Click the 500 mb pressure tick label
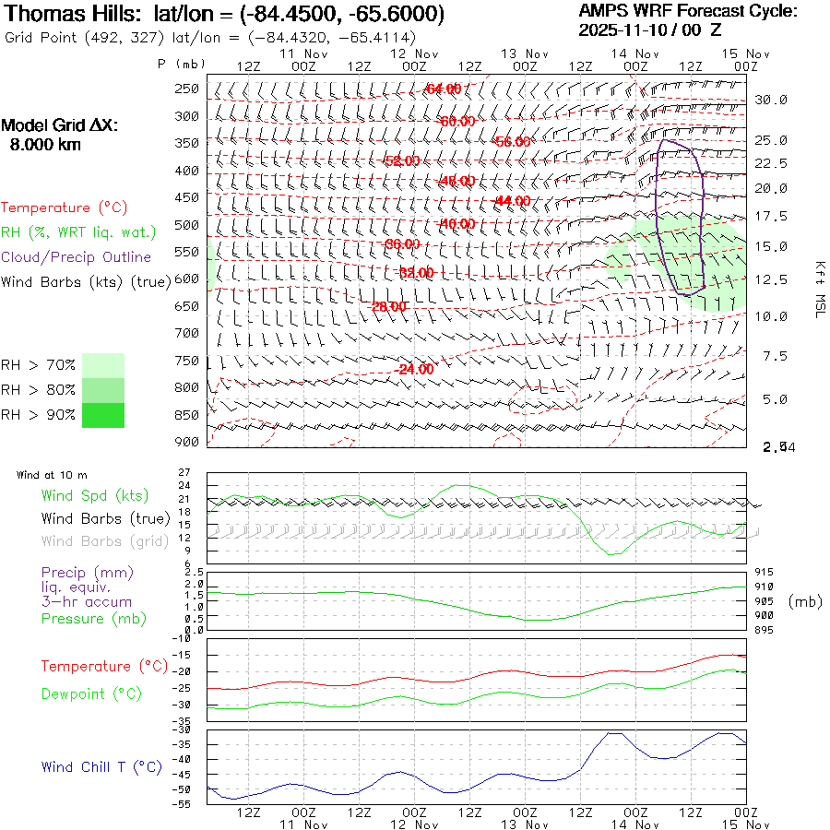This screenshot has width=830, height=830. tap(187, 225)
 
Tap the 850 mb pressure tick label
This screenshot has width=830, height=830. tap(187, 415)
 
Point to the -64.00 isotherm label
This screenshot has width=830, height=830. tap(443, 89)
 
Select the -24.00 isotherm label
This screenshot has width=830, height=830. tap(414, 369)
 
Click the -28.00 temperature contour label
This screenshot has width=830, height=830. tap(389, 306)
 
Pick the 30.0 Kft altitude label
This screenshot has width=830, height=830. tap(772, 100)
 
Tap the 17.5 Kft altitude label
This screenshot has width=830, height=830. tap(772, 217)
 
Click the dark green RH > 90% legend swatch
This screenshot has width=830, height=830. tap(103, 415)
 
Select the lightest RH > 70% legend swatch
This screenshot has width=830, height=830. tap(103, 365)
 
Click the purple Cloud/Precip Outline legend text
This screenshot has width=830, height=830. tap(77, 256)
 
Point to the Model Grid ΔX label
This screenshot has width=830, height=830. tap(60, 125)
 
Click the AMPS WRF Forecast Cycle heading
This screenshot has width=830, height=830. tap(688, 11)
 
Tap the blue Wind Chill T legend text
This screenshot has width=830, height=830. tap(101, 766)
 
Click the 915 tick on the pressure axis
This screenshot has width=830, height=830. tap(765, 573)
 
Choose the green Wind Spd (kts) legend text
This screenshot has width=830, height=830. tap(95, 496)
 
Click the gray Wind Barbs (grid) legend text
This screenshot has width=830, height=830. tap(105, 541)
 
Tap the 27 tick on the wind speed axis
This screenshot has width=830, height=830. tap(184, 472)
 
